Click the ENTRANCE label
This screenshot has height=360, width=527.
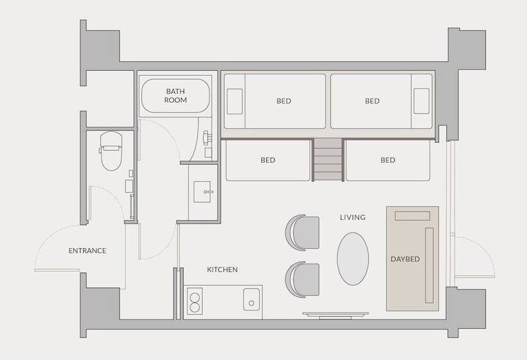(87, 251)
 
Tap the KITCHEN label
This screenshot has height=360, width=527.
(222, 269)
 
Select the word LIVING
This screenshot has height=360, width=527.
(353, 217)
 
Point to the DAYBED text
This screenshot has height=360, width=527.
(405, 259)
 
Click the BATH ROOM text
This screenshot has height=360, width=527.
(175, 96)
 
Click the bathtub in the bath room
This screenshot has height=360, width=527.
(175, 96)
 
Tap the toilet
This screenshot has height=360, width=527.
(111, 151)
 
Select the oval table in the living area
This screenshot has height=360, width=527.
(353, 259)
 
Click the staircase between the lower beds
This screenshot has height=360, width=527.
(328, 160)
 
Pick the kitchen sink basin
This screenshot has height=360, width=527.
(251, 299)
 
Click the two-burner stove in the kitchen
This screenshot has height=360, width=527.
(194, 301)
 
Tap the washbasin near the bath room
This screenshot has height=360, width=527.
(202, 192)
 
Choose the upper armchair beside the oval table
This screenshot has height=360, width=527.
(303, 233)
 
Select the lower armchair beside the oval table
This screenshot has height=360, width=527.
(303, 280)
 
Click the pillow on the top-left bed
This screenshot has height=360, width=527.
(235, 102)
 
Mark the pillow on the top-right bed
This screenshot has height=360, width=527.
(422, 101)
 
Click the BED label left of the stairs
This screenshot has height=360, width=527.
(268, 160)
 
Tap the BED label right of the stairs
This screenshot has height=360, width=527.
(388, 160)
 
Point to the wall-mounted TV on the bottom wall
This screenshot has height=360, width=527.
(335, 315)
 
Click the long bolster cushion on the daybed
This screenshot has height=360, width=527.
(429, 265)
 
